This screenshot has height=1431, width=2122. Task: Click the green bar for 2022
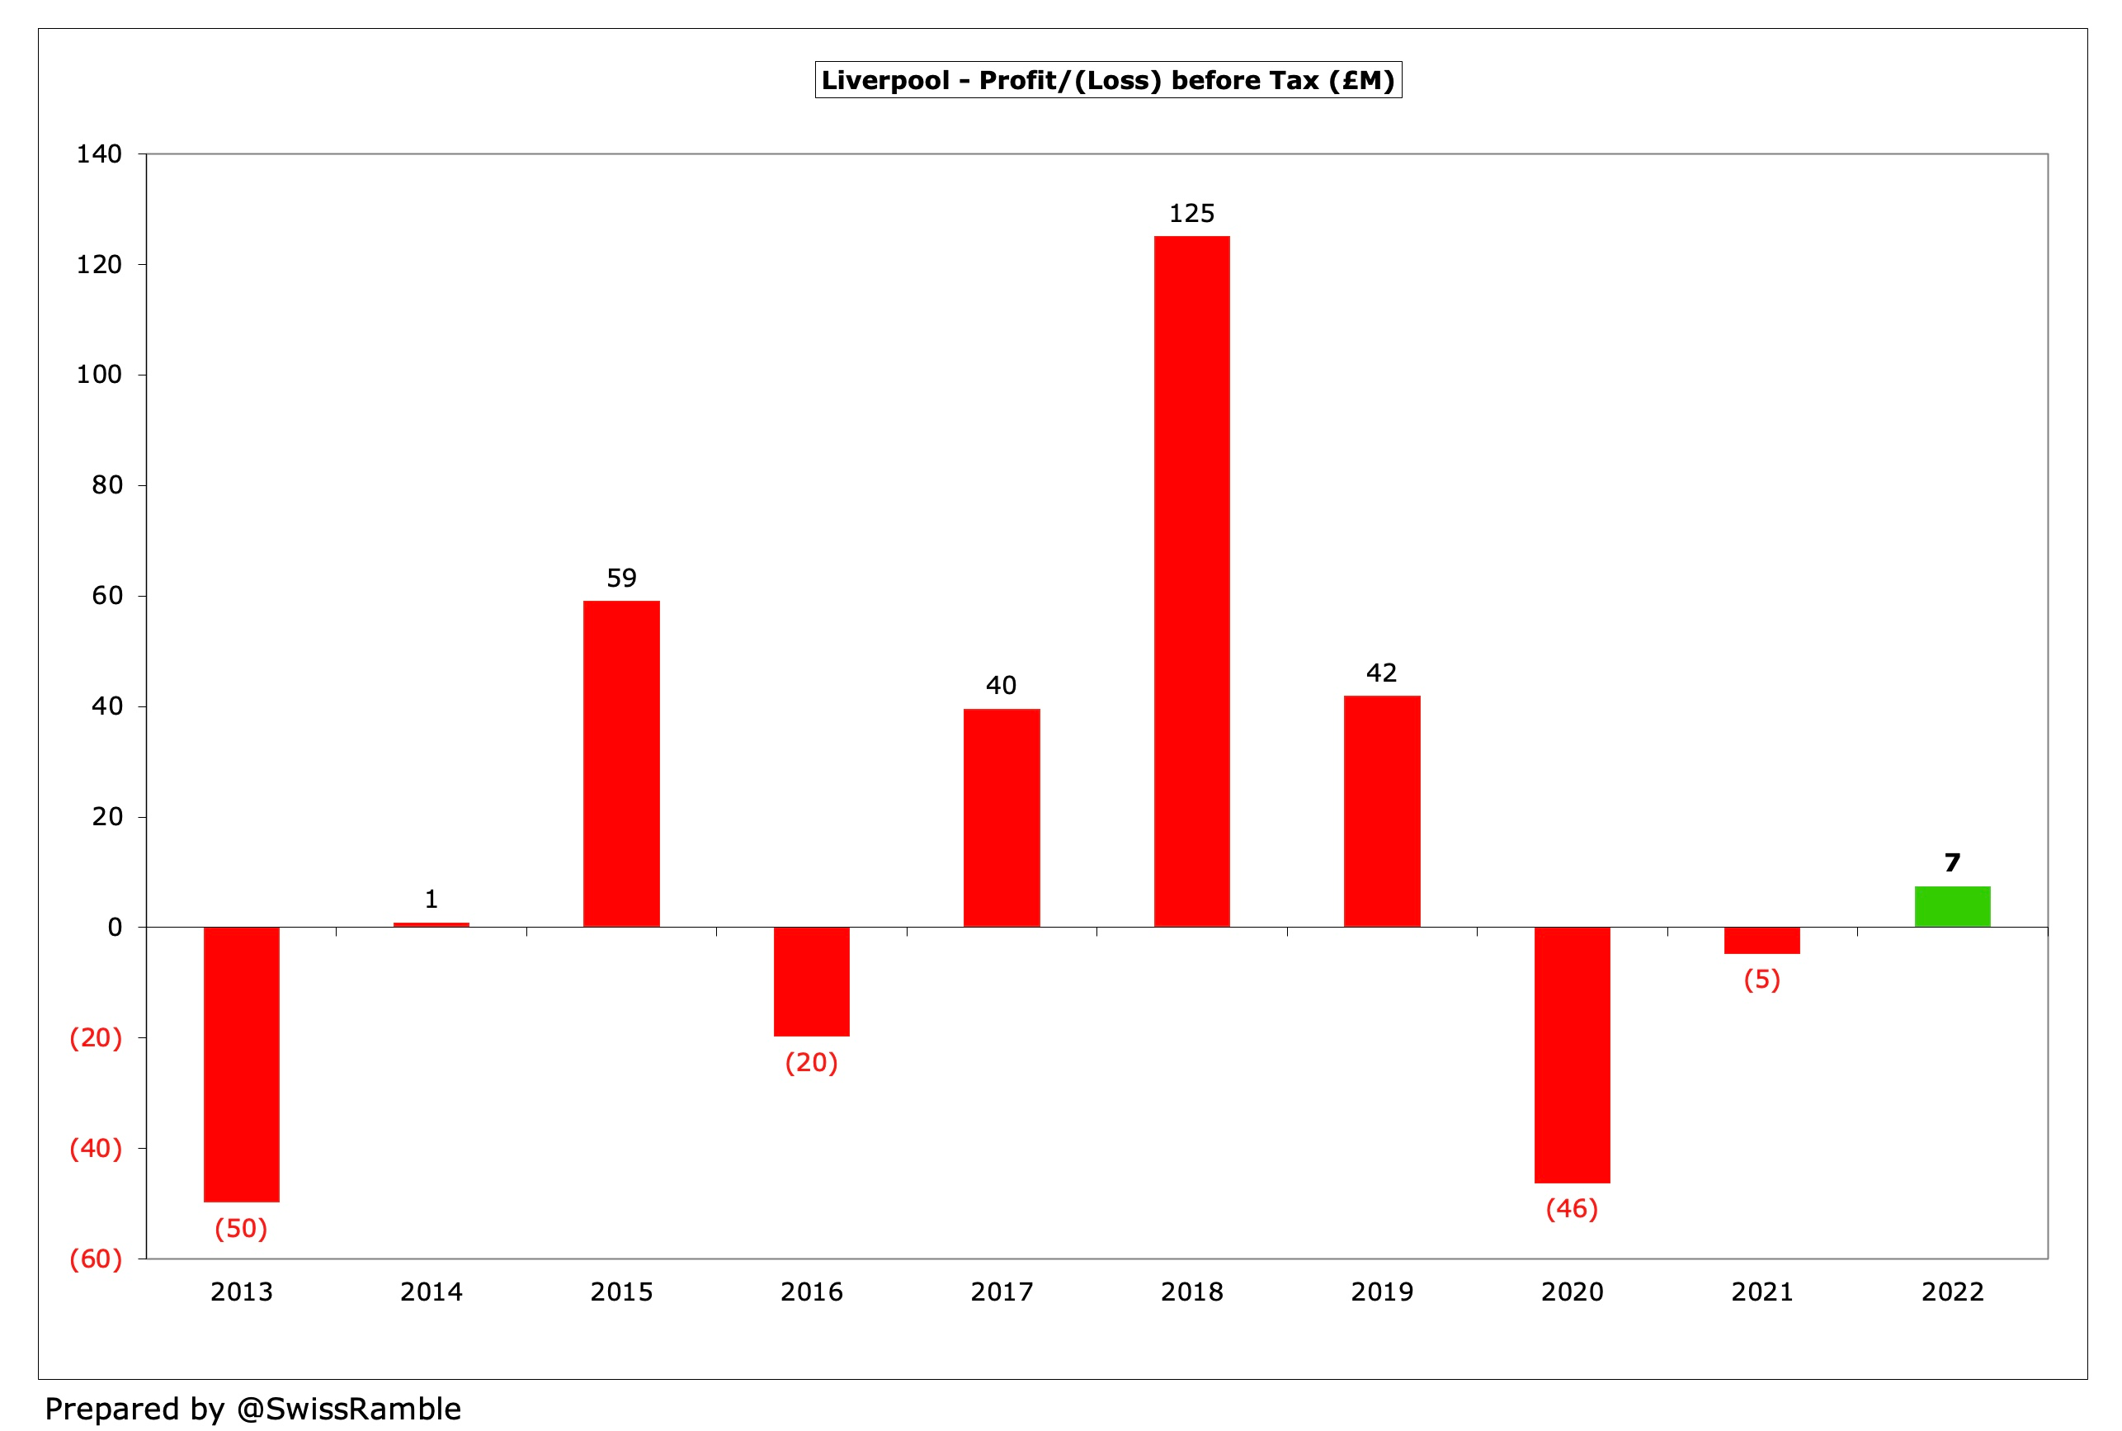tap(1951, 906)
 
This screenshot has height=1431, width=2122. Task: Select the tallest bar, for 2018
tap(1191, 580)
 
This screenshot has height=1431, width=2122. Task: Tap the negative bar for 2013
tap(241, 1063)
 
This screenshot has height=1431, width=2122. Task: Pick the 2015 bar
tap(621, 763)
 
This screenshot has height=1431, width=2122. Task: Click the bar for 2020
tap(1572, 1054)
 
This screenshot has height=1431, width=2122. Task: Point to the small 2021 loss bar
tap(1761, 940)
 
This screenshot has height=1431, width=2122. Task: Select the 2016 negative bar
tap(811, 981)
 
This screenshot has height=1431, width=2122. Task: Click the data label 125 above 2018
tap(1191, 214)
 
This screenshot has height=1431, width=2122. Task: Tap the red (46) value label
tap(1572, 1208)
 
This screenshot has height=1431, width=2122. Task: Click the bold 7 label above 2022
tap(1951, 862)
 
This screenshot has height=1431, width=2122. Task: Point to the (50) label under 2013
tap(241, 1228)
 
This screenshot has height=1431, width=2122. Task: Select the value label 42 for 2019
tap(1381, 673)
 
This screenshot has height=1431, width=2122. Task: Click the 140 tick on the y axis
tap(98, 154)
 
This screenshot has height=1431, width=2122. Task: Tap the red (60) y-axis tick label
tap(96, 1259)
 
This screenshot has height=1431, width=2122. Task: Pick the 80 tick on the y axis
tap(106, 485)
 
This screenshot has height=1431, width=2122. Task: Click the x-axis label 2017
tap(1002, 1292)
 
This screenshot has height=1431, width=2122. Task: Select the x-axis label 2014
tap(431, 1292)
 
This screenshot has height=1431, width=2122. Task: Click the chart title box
tap(1107, 80)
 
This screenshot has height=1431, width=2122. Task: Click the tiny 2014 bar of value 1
tap(431, 924)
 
